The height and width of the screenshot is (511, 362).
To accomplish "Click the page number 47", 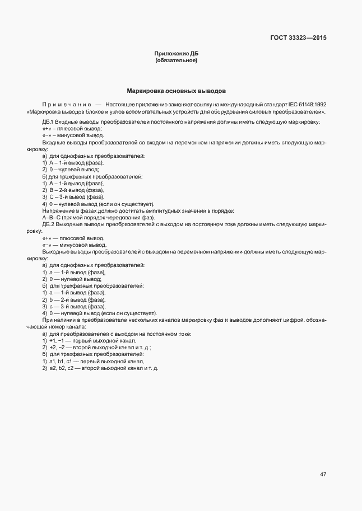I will pyautogui.click(x=323, y=475).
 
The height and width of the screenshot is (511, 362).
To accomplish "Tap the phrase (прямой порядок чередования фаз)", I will pyautogui.click(x=108, y=218).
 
